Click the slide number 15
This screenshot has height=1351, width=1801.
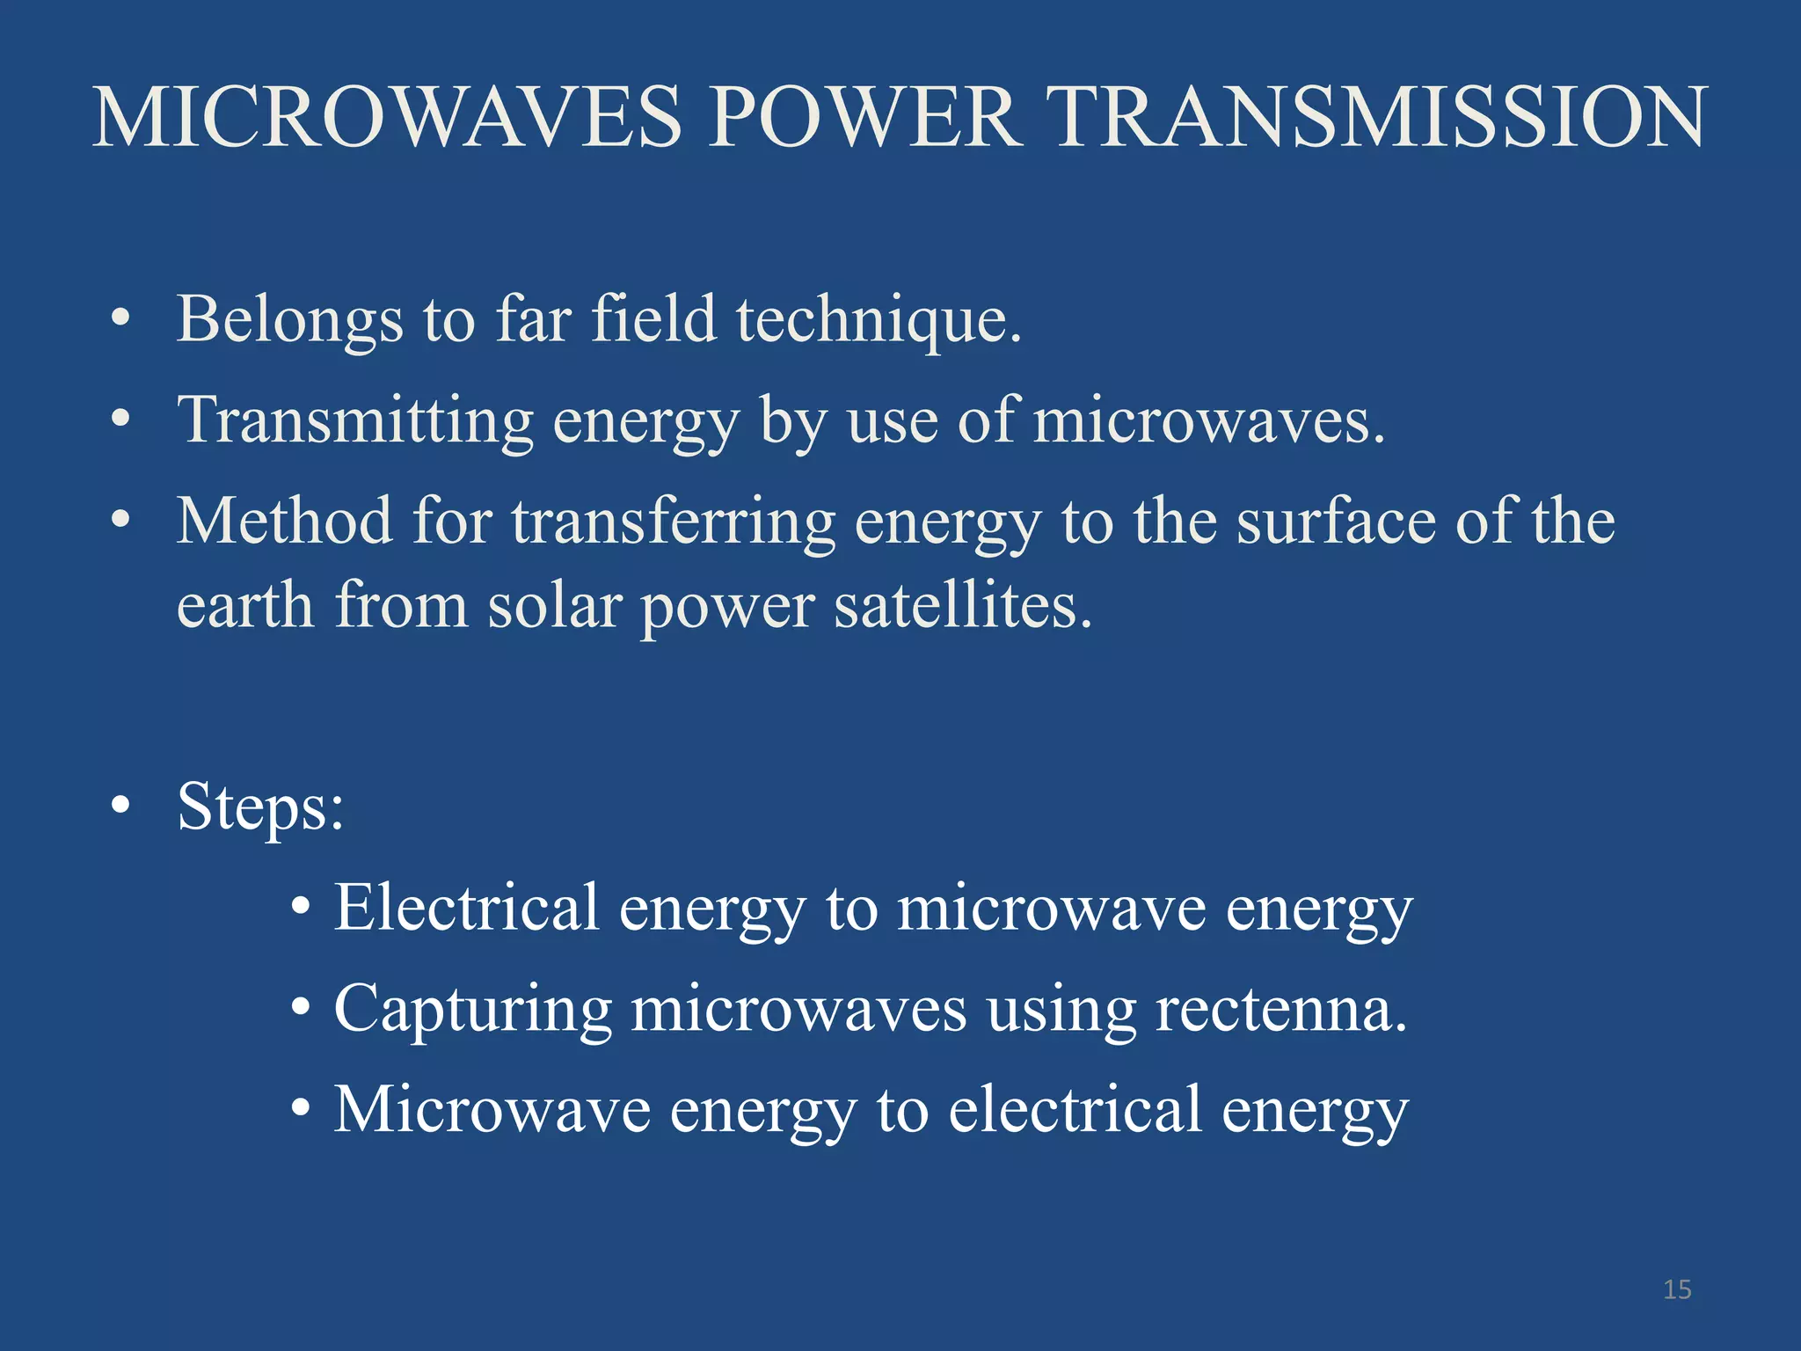coord(1677,1289)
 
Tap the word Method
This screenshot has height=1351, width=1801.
coord(284,522)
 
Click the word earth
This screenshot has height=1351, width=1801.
coord(245,606)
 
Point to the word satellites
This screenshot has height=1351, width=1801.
coord(962,606)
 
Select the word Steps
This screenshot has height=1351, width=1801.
coord(259,807)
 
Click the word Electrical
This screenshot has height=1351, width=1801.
coord(466,908)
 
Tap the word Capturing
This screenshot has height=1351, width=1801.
coord(472,1011)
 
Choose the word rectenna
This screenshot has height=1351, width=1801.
coord(1280,1011)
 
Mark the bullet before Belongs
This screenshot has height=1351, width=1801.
coord(121,318)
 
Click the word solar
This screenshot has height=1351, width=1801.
coord(554,606)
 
